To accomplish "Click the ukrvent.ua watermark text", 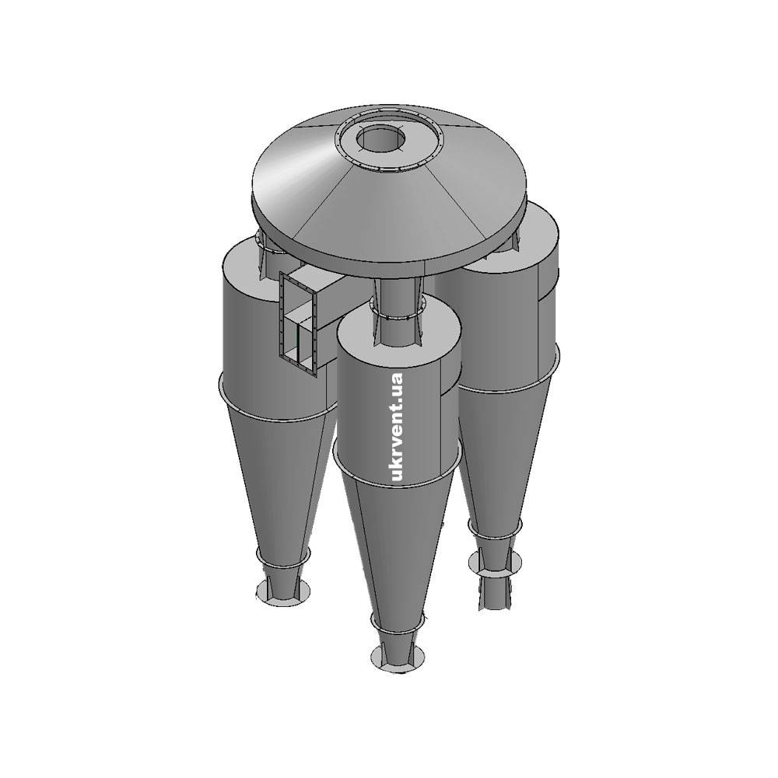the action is coord(398,427).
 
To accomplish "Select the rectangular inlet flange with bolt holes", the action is coord(298,324).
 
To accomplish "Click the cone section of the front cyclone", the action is coord(395,546).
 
